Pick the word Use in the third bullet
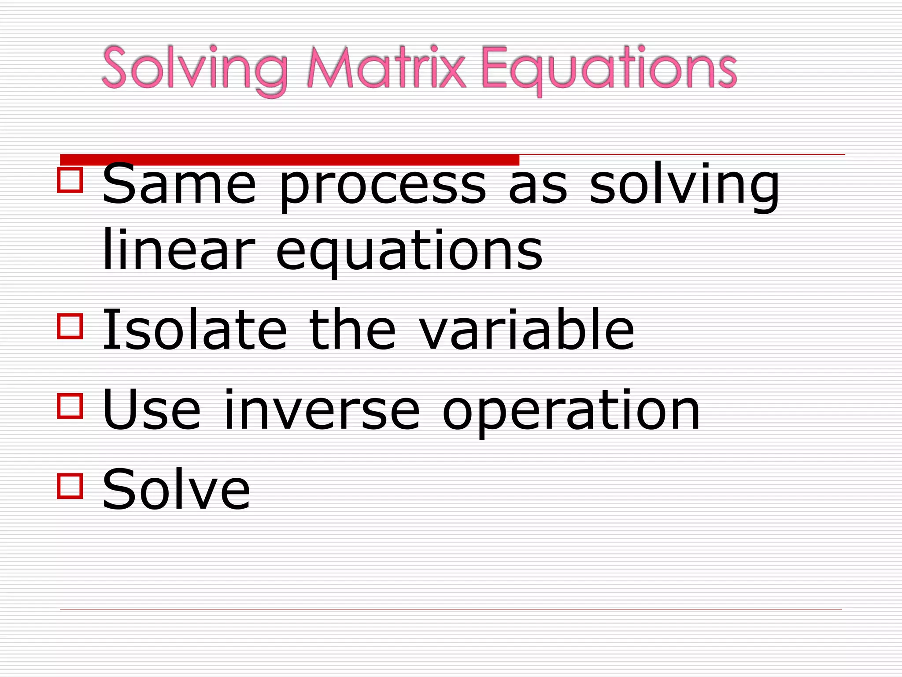tap(152, 410)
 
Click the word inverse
tap(322, 410)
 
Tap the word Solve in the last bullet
tap(176, 489)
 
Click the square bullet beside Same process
tap(70, 180)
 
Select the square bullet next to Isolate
tap(70, 326)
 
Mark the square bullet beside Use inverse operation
tap(70, 406)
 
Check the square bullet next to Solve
tap(70, 486)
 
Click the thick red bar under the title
tap(289, 159)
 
